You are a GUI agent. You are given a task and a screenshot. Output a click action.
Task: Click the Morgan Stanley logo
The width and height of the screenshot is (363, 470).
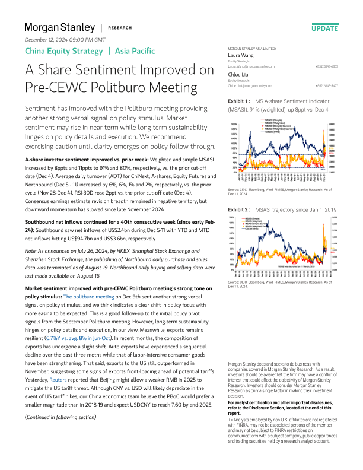(x=59, y=27)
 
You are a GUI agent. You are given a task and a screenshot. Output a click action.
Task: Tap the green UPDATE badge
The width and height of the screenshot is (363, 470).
(x=324, y=28)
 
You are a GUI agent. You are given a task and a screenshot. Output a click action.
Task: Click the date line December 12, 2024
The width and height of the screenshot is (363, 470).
(x=65, y=40)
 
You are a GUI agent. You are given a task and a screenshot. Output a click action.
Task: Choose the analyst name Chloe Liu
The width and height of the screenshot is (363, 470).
(x=238, y=74)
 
